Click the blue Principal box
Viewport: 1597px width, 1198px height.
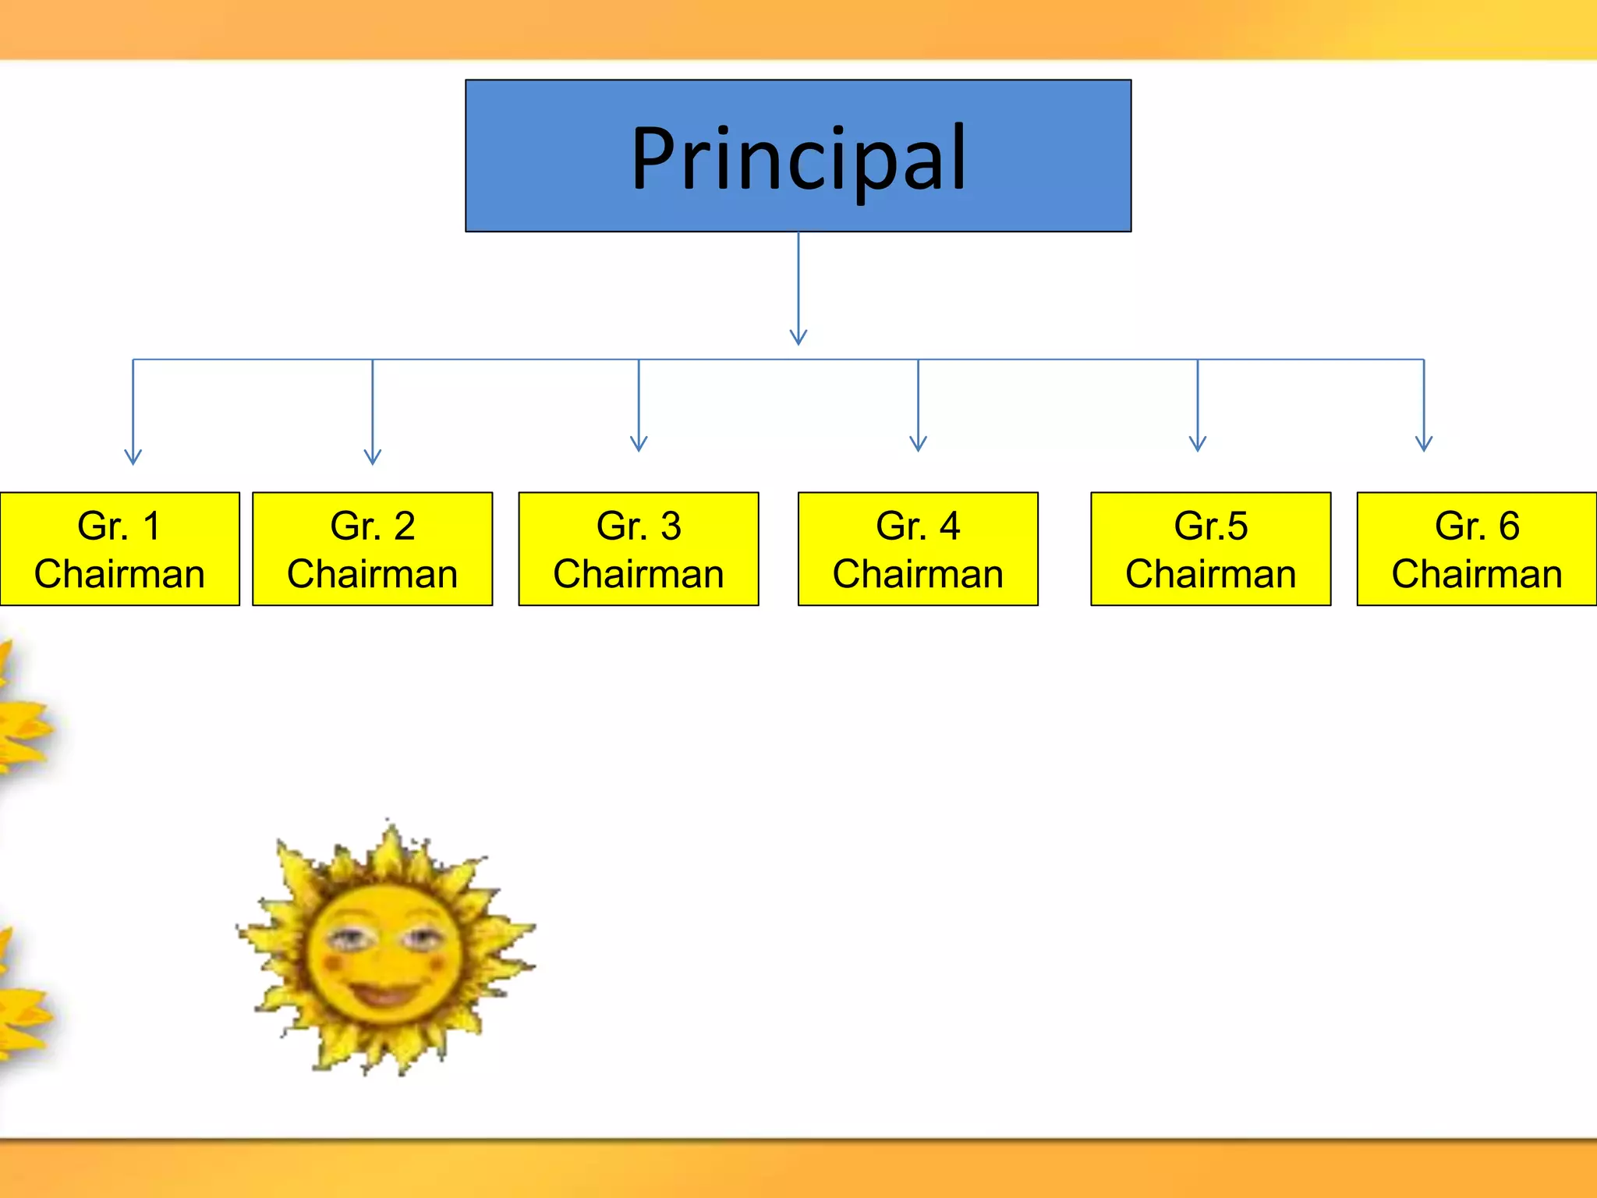tap(798, 155)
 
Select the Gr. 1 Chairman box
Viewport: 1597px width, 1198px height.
tap(119, 549)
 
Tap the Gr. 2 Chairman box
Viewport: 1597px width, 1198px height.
tap(372, 549)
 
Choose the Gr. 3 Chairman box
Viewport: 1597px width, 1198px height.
tap(639, 549)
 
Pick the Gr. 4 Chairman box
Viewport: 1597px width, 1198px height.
tap(918, 549)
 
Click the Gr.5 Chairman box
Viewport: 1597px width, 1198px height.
tap(1210, 549)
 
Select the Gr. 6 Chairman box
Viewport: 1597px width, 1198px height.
tap(1477, 549)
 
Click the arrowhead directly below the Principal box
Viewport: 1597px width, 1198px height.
tap(798, 337)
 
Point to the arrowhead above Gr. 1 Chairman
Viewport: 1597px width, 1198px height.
tap(133, 457)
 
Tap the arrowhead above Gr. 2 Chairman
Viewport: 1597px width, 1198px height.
tap(373, 457)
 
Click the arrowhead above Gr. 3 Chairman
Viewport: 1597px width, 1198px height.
tap(639, 445)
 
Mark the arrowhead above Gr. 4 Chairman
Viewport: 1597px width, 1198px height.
tap(918, 445)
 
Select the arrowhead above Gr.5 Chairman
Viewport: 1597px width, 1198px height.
tap(1198, 445)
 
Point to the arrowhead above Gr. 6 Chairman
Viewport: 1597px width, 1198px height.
tap(1424, 445)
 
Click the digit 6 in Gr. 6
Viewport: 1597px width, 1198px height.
tap(1509, 526)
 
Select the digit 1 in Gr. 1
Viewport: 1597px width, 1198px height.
tap(152, 526)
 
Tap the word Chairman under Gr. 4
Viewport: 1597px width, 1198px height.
tap(918, 575)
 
